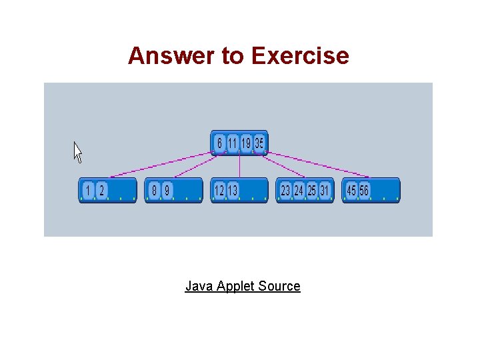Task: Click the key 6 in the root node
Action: point(219,143)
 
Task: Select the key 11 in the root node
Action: point(233,143)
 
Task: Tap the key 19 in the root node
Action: point(246,143)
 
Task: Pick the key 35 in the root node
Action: point(259,143)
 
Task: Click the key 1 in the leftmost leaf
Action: point(88,191)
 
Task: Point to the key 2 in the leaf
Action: point(101,191)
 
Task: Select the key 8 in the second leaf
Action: point(154,191)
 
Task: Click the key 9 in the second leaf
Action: point(167,191)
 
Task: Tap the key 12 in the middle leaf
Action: point(219,191)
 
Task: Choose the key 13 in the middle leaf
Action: point(233,191)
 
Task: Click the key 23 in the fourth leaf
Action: point(285,191)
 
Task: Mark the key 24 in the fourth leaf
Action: point(299,191)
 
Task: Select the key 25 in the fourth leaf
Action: point(311,191)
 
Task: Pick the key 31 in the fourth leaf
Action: point(325,191)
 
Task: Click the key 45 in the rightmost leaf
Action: point(351,191)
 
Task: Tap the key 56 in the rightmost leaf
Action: point(364,191)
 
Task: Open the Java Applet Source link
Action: point(243,286)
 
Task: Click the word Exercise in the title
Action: point(300,56)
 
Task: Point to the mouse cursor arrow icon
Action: point(77,152)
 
